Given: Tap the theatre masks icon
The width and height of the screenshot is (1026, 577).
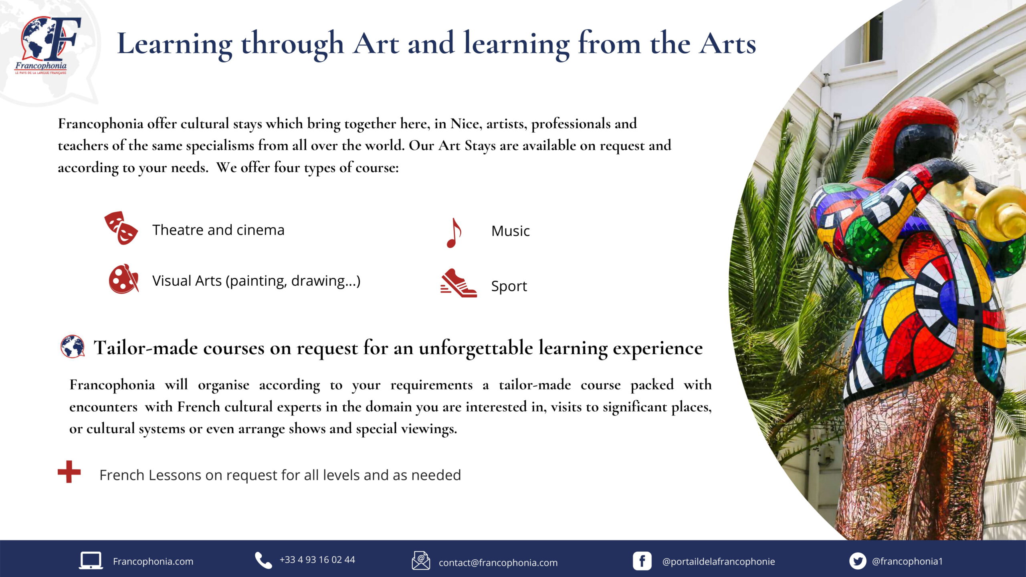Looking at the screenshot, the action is click(x=121, y=228).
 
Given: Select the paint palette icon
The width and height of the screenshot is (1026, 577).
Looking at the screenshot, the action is click(x=123, y=279).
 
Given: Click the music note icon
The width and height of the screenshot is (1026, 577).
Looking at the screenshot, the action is click(x=454, y=233).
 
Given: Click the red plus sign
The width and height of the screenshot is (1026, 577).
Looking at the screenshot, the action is click(x=69, y=472).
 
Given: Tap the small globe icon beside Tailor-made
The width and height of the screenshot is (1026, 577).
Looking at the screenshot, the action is click(x=73, y=346).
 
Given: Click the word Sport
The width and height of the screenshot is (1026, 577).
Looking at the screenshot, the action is click(x=509, y=286).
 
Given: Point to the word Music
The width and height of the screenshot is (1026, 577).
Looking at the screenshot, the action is click(x=511, y=231).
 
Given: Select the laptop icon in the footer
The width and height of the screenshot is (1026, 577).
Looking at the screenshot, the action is click(x=91, y=561).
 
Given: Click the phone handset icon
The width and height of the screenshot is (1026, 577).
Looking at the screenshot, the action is click(x=263, y=560).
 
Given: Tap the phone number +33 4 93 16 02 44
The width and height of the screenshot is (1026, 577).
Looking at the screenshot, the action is click(x=317, y=560).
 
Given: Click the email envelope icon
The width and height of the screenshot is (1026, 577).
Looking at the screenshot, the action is click(x=421, y=560).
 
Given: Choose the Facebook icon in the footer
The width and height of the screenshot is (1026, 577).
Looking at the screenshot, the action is click(x=642, y=561).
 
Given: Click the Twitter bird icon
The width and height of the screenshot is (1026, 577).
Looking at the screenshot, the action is click(x=858, y=561).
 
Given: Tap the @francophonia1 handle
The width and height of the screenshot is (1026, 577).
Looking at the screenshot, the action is click(x=907, y=561).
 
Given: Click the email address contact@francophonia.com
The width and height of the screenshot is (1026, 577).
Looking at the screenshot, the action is click(x=498, y=563).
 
